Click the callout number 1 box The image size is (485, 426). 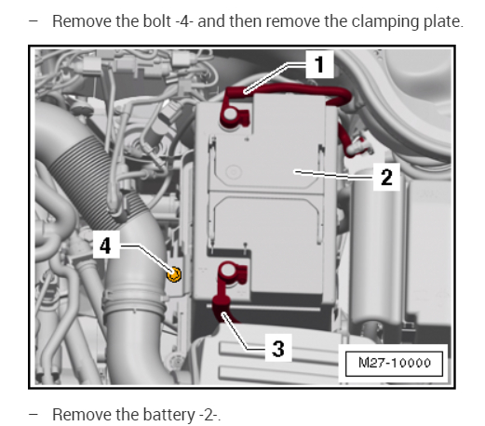tap(319, 64)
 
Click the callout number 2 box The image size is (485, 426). tap(386, 177)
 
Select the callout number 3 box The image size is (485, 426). tap(278, 348)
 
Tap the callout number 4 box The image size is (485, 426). tap(106, 245)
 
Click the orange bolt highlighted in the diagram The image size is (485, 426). tap(174, 274)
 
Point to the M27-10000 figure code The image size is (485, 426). tap(394, 363)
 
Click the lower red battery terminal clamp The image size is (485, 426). tap(232, 273)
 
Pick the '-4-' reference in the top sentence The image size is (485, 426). tap(184, 22)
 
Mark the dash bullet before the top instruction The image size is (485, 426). tap(33, 21)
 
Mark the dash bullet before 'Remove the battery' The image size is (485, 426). tap(33, 415)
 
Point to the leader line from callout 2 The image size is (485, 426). tap(334, 175)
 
